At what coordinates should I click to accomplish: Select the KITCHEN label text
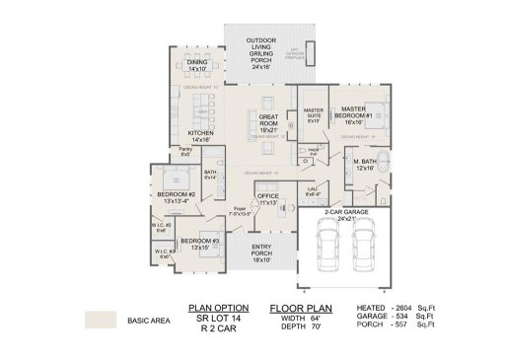point(201,135)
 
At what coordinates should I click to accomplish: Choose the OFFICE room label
point(268,198)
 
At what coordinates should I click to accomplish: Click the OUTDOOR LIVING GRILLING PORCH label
point(260,57)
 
